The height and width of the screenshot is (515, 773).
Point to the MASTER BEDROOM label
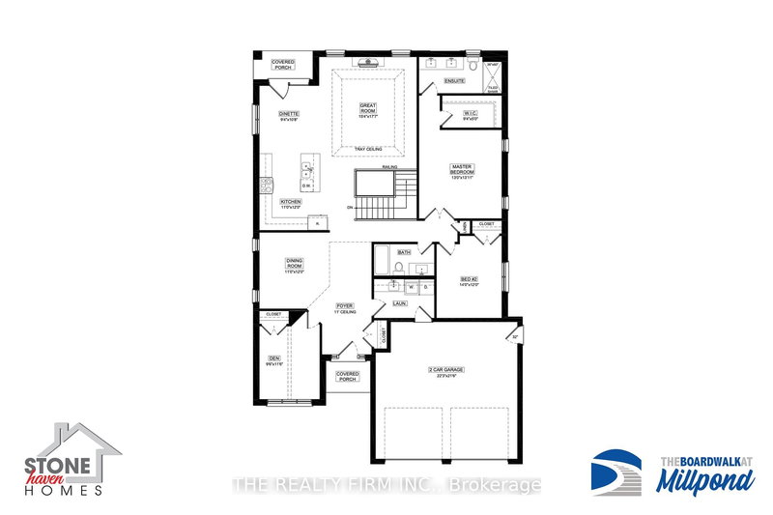(461, 171)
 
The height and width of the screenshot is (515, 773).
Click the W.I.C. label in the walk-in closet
(471, 115)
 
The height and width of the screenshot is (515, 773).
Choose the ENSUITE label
(454, 81)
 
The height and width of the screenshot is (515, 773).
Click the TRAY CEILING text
(368, 149)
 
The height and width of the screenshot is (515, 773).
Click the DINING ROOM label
(295, 265)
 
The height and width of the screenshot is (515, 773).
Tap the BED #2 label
(470, 282)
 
